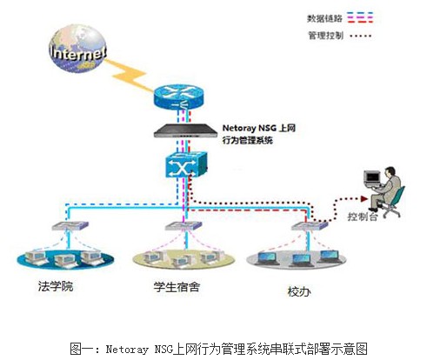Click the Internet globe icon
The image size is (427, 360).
coord(77,50)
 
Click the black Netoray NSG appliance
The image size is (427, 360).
coord(185,130)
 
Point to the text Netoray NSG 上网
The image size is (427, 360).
coord(259,128)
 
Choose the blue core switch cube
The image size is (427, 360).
coord(186,164)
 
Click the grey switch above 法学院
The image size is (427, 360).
coord(70,225)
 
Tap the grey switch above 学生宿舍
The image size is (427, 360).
coord(183,226)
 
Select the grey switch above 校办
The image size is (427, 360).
coord(310,226)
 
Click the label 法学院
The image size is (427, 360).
coord(56,286)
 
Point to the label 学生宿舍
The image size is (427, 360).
coord(177,287)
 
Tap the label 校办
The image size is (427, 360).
coord(299,291)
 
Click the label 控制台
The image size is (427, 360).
coord(363,217)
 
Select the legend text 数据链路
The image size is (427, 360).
coord(324,18)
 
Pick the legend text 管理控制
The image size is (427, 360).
coord(325,36)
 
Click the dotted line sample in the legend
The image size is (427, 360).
coord(361,36)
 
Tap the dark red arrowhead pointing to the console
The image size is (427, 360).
coord(364,199)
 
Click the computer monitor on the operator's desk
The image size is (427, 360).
coord(372,178)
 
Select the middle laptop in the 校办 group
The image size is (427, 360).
coord(301,260)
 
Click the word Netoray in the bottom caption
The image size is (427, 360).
coord(127,349)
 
